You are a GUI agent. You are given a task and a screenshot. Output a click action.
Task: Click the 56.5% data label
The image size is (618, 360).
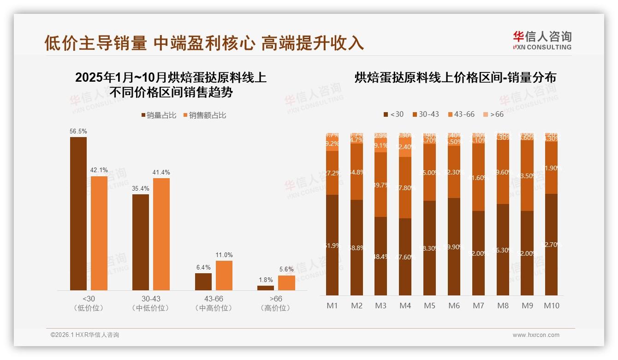pyautogui.click(x=78, y=131)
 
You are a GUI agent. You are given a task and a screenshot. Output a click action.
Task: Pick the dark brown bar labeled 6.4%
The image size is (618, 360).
pyautogui.click(x=203, y=282)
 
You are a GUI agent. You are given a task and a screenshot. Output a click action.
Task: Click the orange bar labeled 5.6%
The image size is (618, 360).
pyautogui.click(x=286, y=283)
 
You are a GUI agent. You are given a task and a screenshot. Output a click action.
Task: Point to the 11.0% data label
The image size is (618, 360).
pyautogui.click(x=224, y=255)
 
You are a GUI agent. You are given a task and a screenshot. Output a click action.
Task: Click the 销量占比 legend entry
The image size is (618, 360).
pyautogui.click(x=159, y=115)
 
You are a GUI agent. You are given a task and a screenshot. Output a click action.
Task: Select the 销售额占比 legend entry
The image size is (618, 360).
pyautogui.click(x=204, y=115)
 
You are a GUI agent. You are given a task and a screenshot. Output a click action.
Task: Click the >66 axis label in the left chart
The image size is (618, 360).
pyautogui.click(x=276, y=299)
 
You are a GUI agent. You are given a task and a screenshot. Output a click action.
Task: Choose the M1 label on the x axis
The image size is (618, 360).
pyautogui.click(x=332, y=306)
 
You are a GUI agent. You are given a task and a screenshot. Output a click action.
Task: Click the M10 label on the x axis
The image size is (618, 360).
pyautogui.click(x=551, y=306)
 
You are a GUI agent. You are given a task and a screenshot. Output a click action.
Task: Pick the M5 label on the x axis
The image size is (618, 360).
pyautogui.click(x=429, y=306)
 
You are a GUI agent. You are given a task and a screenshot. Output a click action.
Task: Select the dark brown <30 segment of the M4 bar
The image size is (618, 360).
pyautogui.click(x=405, y=257)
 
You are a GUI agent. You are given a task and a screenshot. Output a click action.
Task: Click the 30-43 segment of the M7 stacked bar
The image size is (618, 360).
pyautogui.click(x=478, y=177)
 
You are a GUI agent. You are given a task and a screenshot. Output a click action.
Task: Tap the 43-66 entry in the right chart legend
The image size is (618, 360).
pyautogui.click(x=461, y=114)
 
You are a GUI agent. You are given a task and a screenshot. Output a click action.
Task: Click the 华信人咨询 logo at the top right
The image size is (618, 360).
pyautogui.click(x=542, y=40)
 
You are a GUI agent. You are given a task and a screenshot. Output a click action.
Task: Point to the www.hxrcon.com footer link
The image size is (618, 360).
pyautogui.click(x=536, y=335)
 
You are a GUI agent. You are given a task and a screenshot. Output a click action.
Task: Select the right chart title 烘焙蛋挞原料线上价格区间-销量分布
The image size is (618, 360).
pyautogui.click(x=455, y=78)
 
